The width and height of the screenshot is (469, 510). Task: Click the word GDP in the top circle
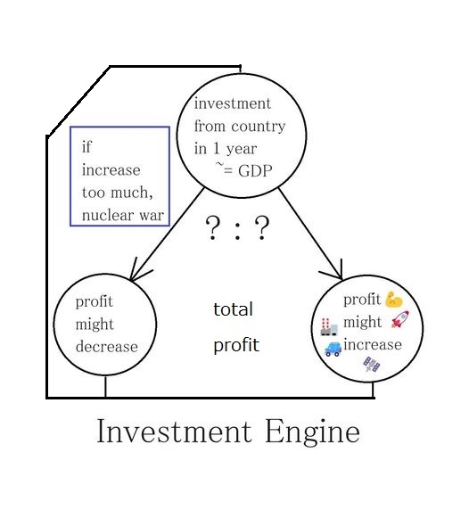tap(255, 171)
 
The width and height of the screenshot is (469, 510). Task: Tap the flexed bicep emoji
tap(394, 300)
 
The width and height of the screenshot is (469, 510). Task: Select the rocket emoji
tap(400, 319)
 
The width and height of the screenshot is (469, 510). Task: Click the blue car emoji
tap(333, 350)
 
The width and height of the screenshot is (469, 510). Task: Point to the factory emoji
tap(329, 327)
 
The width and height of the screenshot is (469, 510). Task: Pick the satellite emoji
tap(372, 365)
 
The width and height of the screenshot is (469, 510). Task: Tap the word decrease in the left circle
tap(107, 347)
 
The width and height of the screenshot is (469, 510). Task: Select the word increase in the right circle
tap(373, 344)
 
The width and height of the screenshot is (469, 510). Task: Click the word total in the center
tap(233, 309)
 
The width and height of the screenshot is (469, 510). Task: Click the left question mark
tap(213, 227)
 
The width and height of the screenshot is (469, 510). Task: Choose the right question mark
tap(262, 227)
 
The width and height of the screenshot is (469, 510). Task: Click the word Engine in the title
tap(313, 432)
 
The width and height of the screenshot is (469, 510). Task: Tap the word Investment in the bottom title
tap(175, 431)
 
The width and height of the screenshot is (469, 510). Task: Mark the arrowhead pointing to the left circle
tap(138, 272)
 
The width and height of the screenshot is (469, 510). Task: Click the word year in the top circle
tap(242, 149)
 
